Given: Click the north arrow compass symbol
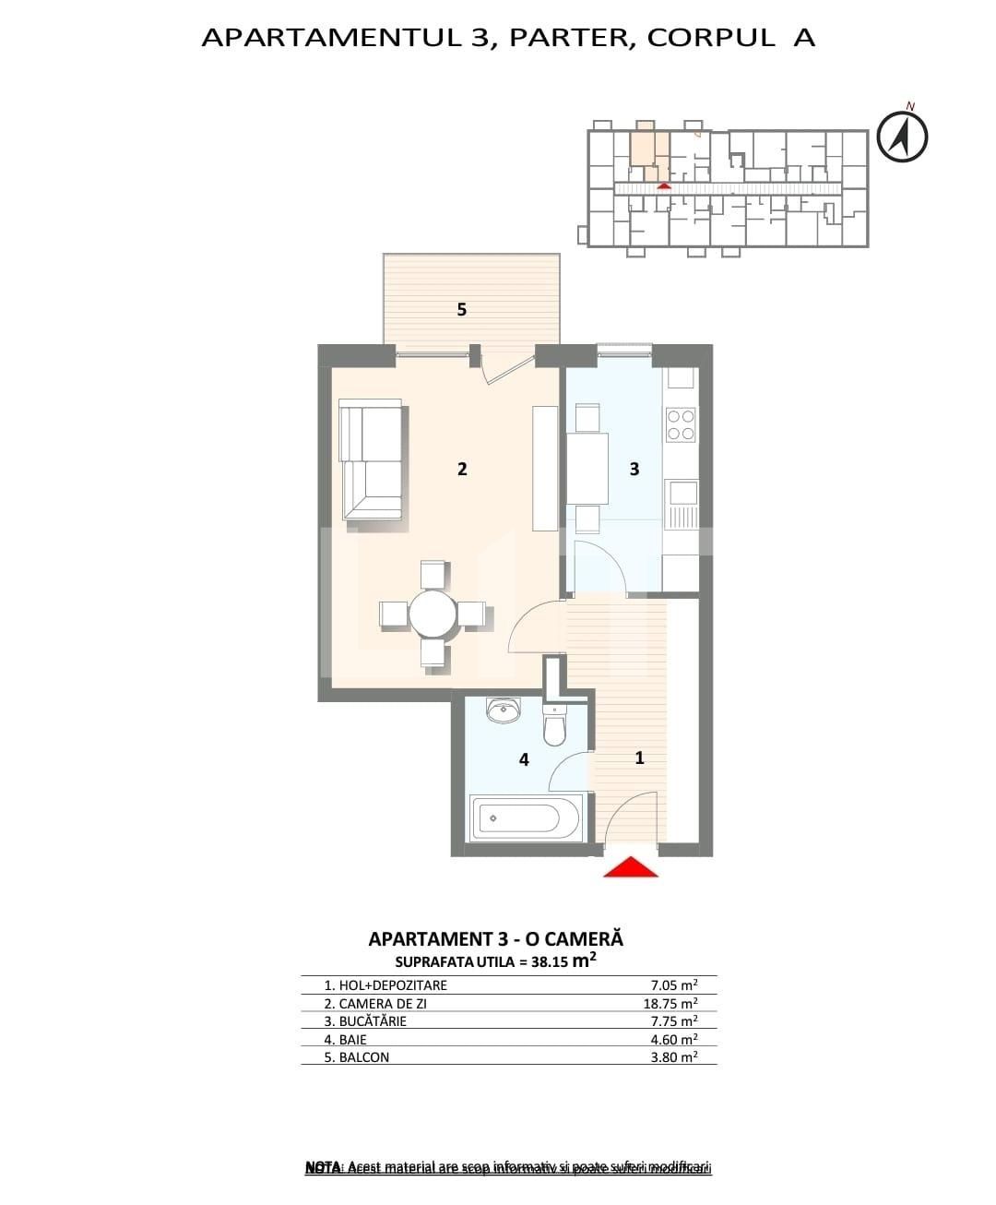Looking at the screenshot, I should pyautogui.click(x=901, y=137).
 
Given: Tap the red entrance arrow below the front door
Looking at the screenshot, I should pyautogui.click(x=630, y=867).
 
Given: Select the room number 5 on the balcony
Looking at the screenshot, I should pyautogui.click(x=462, y=310).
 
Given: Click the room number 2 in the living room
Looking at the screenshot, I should pyautogui.click(x=462, y=469).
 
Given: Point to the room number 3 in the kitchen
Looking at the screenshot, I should pyautogui.click(x=634, y=469).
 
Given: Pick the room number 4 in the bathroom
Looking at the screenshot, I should pyautogui.click(x=524, y=760).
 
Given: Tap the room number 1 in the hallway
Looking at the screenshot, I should pyautogui.click(x=639, y=758).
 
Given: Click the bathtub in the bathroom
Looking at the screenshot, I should pyautogui.click(x=525, y=817).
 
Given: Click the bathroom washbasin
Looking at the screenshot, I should pyautogui.click(x=503, y=711).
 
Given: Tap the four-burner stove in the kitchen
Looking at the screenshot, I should pyautogui.click(x=681, y=425).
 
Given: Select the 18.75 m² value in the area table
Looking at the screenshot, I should pyautogui.click(x=670, y=1003).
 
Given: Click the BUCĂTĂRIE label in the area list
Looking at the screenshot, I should pyautogui.click(x=373, y=1021).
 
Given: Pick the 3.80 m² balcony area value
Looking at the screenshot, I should pyautogui.click(x=673, y=1057).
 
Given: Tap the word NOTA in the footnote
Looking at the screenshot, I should pyautogui.click(x=323, y=1168).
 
